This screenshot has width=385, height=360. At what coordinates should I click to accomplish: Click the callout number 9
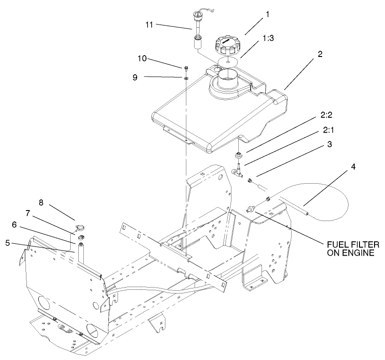[x=135, y=77]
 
